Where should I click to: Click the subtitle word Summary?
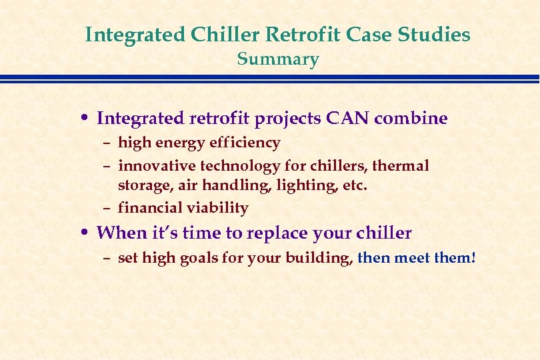(278, 59)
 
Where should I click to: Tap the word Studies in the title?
(434, 34)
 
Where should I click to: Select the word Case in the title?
(369, 34)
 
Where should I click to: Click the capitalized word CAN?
(347, 118)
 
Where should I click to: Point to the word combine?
(411, 118)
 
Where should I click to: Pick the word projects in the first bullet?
(287, 119)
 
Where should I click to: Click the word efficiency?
(245, 143)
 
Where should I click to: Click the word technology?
(241, 167)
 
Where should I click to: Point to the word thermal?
(401, 166)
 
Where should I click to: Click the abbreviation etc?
(355, 186)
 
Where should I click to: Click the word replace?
(277, 233)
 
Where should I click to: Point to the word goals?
(199, 259)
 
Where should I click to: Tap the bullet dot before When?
(85, 232)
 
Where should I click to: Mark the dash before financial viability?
(107, 209)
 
